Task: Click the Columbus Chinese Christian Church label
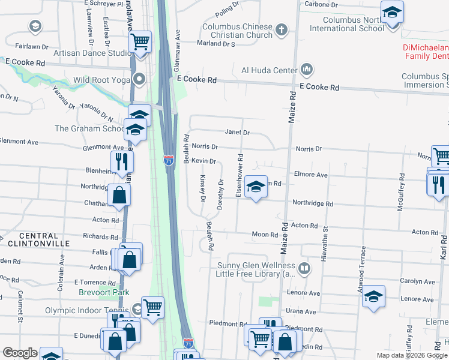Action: pyautogui.click(x=237, y=31)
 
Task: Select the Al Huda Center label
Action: pyautogui.click(x=269, y=70)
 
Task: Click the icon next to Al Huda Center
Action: pyautogui.click(x=307, y=70)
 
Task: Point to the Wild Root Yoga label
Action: pyautogui.click(x=101, y=80)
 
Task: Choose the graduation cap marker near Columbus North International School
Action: pyautogui.click(x=393, y=12)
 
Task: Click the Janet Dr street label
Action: pyautogui.click(x=237, y=133)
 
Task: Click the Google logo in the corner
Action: pyautogui.click(x=20, y=353)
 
